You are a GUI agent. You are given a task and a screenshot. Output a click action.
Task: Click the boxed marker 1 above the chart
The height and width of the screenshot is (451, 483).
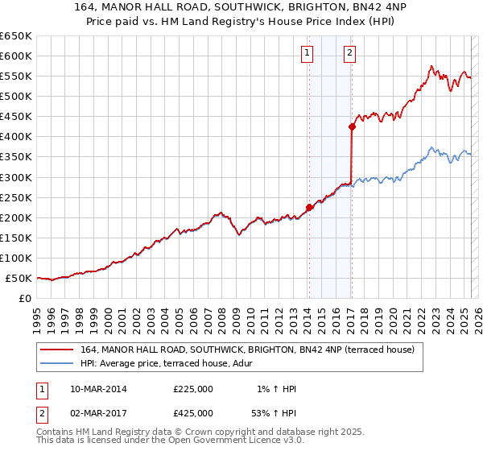pos(308,54)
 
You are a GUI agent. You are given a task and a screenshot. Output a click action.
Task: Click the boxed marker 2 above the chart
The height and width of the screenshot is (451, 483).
pos(350,54)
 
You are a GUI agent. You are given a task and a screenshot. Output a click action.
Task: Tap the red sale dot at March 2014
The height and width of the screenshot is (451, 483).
pos(309,207)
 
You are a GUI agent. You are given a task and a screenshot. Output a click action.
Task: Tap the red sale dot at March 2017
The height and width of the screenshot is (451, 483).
pos(352,126)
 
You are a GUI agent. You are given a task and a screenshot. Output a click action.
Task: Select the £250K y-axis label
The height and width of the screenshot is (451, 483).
pos(16,197)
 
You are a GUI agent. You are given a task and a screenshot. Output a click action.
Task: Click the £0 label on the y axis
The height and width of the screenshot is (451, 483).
pos(23,298)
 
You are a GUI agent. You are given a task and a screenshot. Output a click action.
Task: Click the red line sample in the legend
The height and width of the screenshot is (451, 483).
pos(56,350)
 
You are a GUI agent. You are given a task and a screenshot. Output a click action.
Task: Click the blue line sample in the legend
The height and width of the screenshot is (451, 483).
pos(56,363)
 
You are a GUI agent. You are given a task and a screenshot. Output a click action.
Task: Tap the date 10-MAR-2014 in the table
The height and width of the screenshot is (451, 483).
pos(98,389)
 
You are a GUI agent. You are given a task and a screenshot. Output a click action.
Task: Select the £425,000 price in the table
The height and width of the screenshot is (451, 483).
pos(193,415)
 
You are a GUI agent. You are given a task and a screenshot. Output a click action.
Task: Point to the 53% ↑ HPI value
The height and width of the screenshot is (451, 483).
pos(275,415)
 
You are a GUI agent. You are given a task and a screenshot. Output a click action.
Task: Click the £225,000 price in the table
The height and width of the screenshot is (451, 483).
pos(193,389)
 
